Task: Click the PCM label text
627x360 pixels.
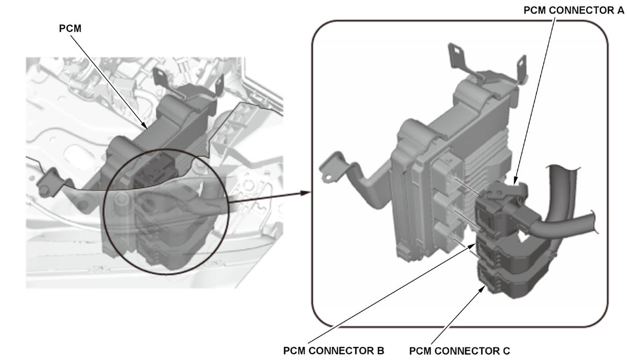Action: (70, 29)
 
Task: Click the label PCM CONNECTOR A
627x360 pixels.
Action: (574, 10)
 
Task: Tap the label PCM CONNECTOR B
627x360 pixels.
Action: (334, 351)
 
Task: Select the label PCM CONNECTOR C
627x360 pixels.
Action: (460, 351)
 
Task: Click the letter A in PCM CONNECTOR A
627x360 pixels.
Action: (620, 10)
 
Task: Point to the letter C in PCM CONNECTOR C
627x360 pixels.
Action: (506, 351)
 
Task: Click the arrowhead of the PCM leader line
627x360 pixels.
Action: (145, 126)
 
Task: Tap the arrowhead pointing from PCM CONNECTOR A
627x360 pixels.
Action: (516, 181)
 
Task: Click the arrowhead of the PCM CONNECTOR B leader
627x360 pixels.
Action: (471, 246)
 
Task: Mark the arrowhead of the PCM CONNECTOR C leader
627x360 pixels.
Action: (482, 289)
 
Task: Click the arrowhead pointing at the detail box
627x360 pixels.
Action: (305, 193)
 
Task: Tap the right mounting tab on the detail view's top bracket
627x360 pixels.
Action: (522, 66)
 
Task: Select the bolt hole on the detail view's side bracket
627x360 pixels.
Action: (327, 177)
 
